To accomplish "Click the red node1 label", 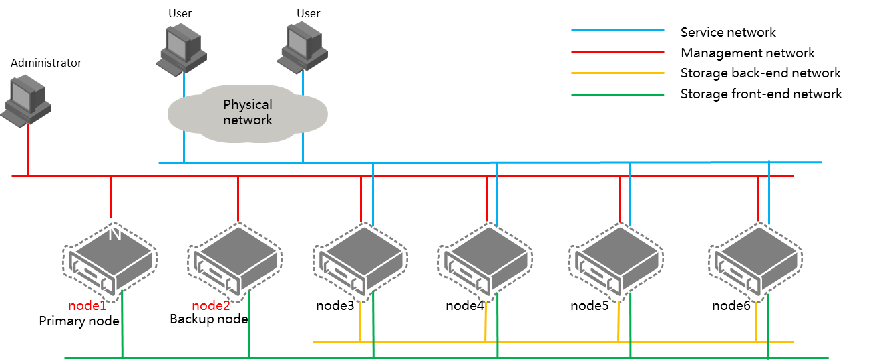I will (87, 306).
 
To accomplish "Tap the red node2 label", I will (211, 306).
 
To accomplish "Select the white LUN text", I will (120, 220).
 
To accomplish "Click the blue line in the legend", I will (617, 30).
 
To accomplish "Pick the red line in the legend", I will (617, 51).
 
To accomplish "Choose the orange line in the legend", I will (617, 73).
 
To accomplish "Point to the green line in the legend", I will (617, 94).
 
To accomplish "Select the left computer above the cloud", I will (182, 49).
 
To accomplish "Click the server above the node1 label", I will (110, 260).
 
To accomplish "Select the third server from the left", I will (360, 260).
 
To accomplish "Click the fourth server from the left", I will (485, 260).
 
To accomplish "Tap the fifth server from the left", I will (616, 260).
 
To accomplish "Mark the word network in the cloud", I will (248, 120).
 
